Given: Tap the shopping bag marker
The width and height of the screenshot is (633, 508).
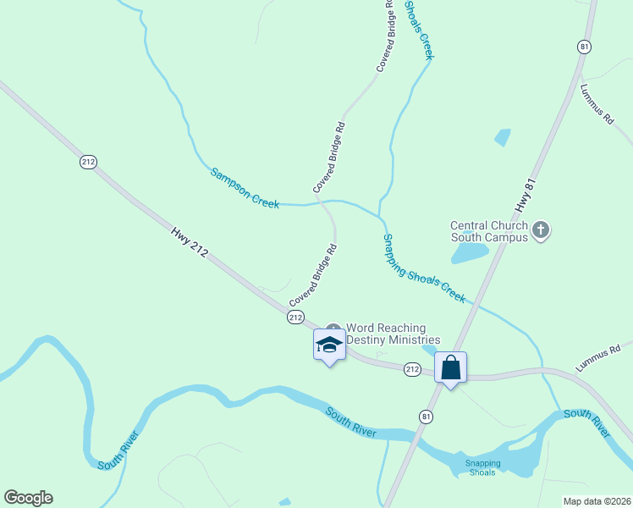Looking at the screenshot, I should pos(451,367).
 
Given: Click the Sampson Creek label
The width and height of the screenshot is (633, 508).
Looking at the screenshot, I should pos(245,188).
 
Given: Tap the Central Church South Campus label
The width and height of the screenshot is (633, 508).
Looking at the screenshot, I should pos(490,231).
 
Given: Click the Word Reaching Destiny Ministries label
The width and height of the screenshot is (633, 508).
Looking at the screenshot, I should pos(386,334).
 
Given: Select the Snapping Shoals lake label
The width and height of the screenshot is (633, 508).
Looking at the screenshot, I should pos(483,467).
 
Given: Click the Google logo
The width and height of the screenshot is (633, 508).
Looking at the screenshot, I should pos(28,498).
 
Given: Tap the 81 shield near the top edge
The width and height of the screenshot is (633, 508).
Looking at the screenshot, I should pos(584,47).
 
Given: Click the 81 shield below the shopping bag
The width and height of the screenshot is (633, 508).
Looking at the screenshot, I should pos(426,416).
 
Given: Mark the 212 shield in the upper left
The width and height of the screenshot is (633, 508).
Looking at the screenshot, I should pos(88,161).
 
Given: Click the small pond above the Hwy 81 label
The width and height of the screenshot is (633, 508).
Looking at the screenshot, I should pos(503,137).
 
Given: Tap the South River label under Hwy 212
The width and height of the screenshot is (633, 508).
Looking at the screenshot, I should pos(351,422).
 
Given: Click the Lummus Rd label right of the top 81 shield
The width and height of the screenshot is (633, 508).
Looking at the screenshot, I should pos(597,104).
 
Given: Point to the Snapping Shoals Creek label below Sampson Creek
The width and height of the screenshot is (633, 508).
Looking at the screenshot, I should pos(424,268).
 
